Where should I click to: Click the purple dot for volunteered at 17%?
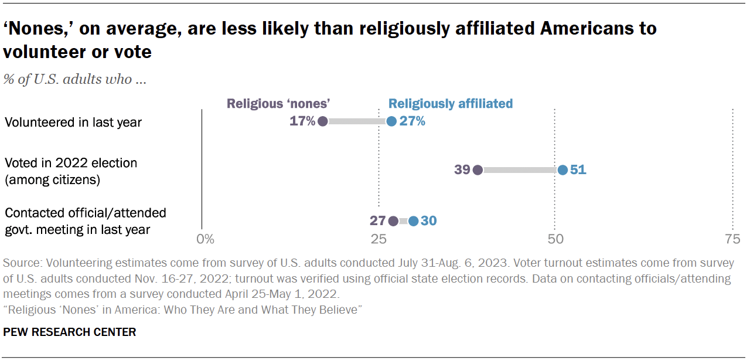(322, 121)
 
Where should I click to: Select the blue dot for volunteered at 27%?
(391, 121)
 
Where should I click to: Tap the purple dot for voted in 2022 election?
(478, 170)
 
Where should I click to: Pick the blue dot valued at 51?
(562, 170)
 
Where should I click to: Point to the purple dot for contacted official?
(393, 221)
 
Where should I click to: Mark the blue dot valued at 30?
(413, 221)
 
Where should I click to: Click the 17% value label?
(302, 121)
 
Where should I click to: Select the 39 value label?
(462, 170)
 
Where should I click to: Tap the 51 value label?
(578, 170)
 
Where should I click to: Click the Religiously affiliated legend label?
(451, 104)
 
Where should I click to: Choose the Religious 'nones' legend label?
(279, 104)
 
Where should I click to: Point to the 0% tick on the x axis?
(205, 239)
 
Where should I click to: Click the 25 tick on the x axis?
(379, 239)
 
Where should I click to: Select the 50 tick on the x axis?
(555, 239)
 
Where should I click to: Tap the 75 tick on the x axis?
(732, 239)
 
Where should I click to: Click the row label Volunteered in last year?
(73, 123)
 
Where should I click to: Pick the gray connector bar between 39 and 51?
(520, 170)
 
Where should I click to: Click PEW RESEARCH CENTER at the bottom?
(69, 332)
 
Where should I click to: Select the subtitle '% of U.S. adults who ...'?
(75, 80)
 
